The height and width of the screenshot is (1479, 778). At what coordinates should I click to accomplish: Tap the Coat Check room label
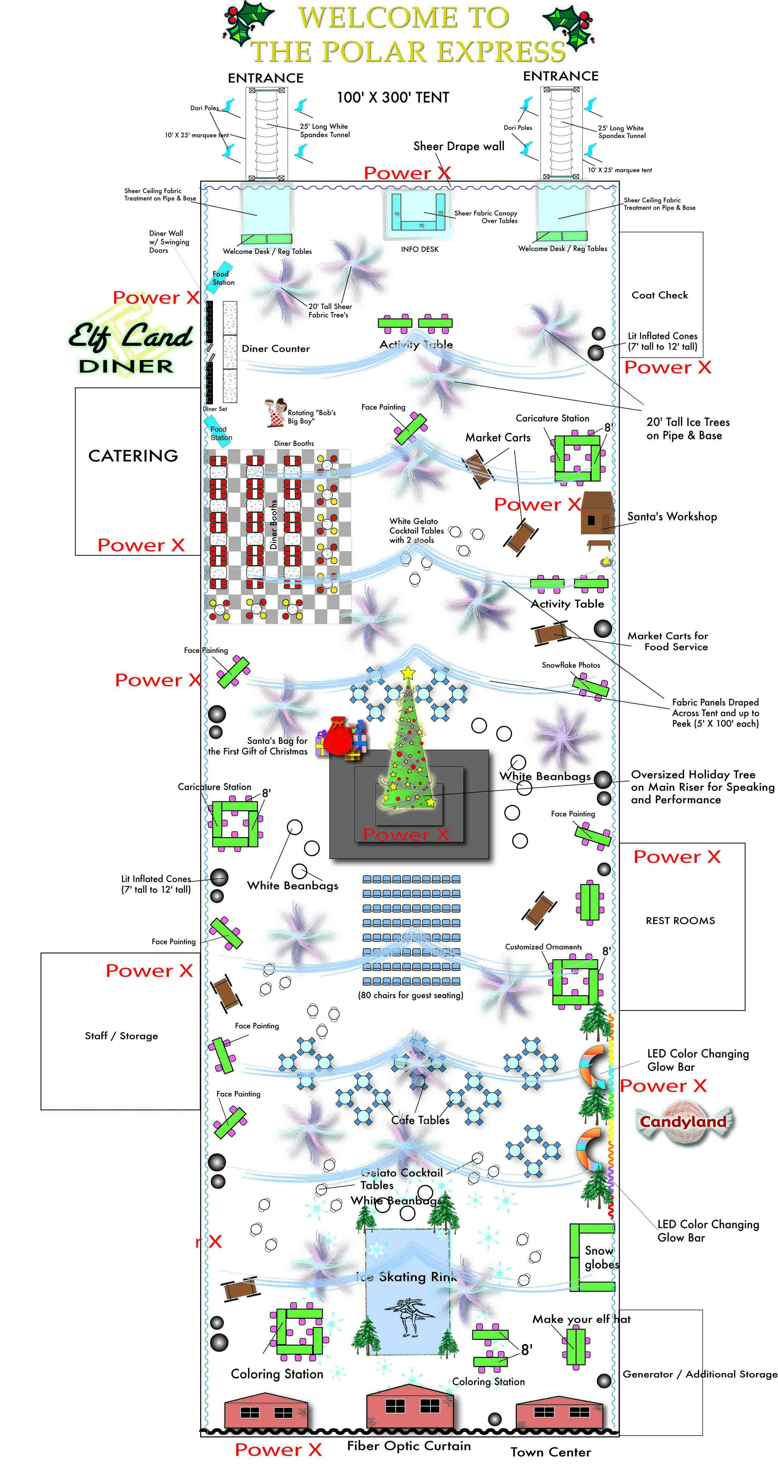point(659,295)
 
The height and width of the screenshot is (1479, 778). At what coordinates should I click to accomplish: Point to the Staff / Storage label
point(121,1035)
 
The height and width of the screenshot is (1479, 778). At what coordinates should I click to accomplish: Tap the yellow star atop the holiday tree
point(407,672)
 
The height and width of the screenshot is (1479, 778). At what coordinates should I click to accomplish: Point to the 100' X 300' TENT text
point(393,98)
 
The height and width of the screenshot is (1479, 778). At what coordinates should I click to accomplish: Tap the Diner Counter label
point(275,348)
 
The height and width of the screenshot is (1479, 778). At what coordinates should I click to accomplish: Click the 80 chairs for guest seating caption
point(410,995)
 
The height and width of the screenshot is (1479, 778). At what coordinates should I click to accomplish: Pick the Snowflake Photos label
point(571,665)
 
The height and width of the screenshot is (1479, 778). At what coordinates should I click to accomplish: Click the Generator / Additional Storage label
point(699,1374)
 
